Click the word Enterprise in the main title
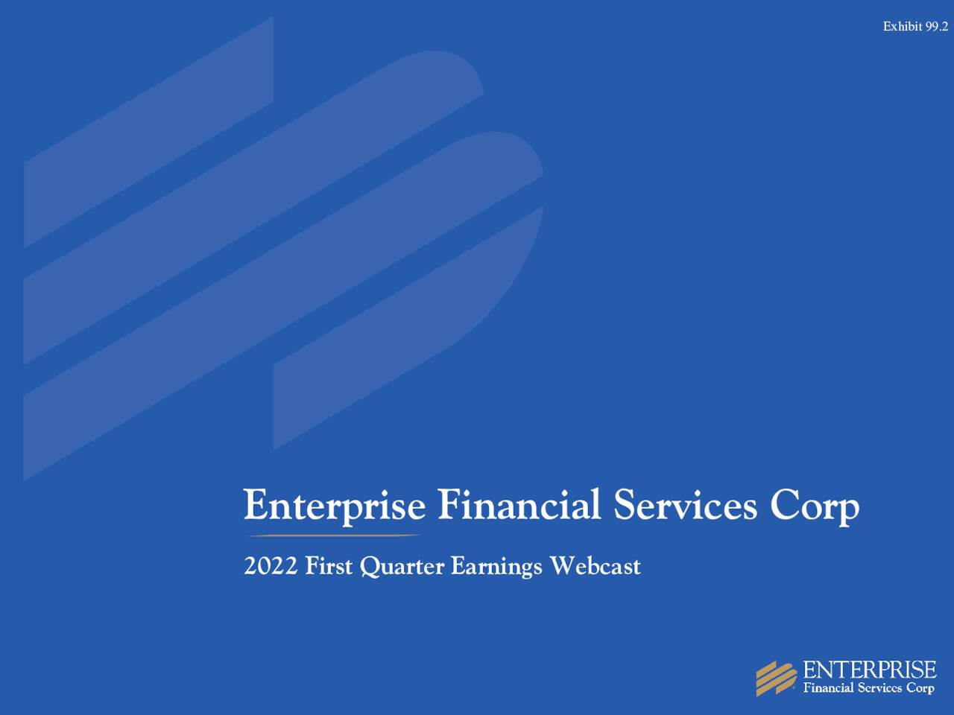point(335,506)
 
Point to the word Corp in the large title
point(815,506)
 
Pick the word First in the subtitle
point(329,567)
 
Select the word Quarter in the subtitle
point(402,568)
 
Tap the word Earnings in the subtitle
point(496,568)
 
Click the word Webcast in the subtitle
point(595,567)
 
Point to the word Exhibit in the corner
point(903,27)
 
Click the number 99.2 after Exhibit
point(937,27)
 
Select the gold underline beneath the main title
point(333,535)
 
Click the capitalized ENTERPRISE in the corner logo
point(869,669)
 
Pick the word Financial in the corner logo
point(828,688)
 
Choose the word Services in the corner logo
point(879,688)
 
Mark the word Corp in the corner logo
point(920,688)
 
